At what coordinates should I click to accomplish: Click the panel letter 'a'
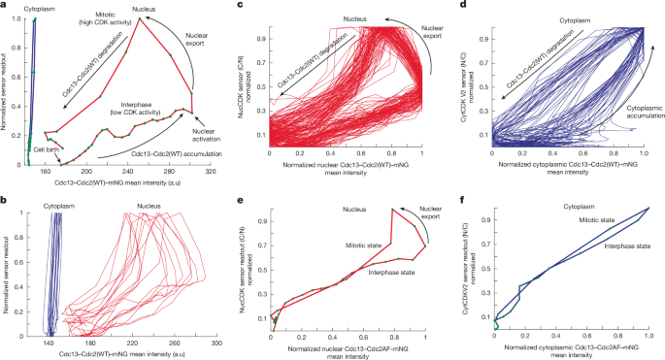pos(5,7)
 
